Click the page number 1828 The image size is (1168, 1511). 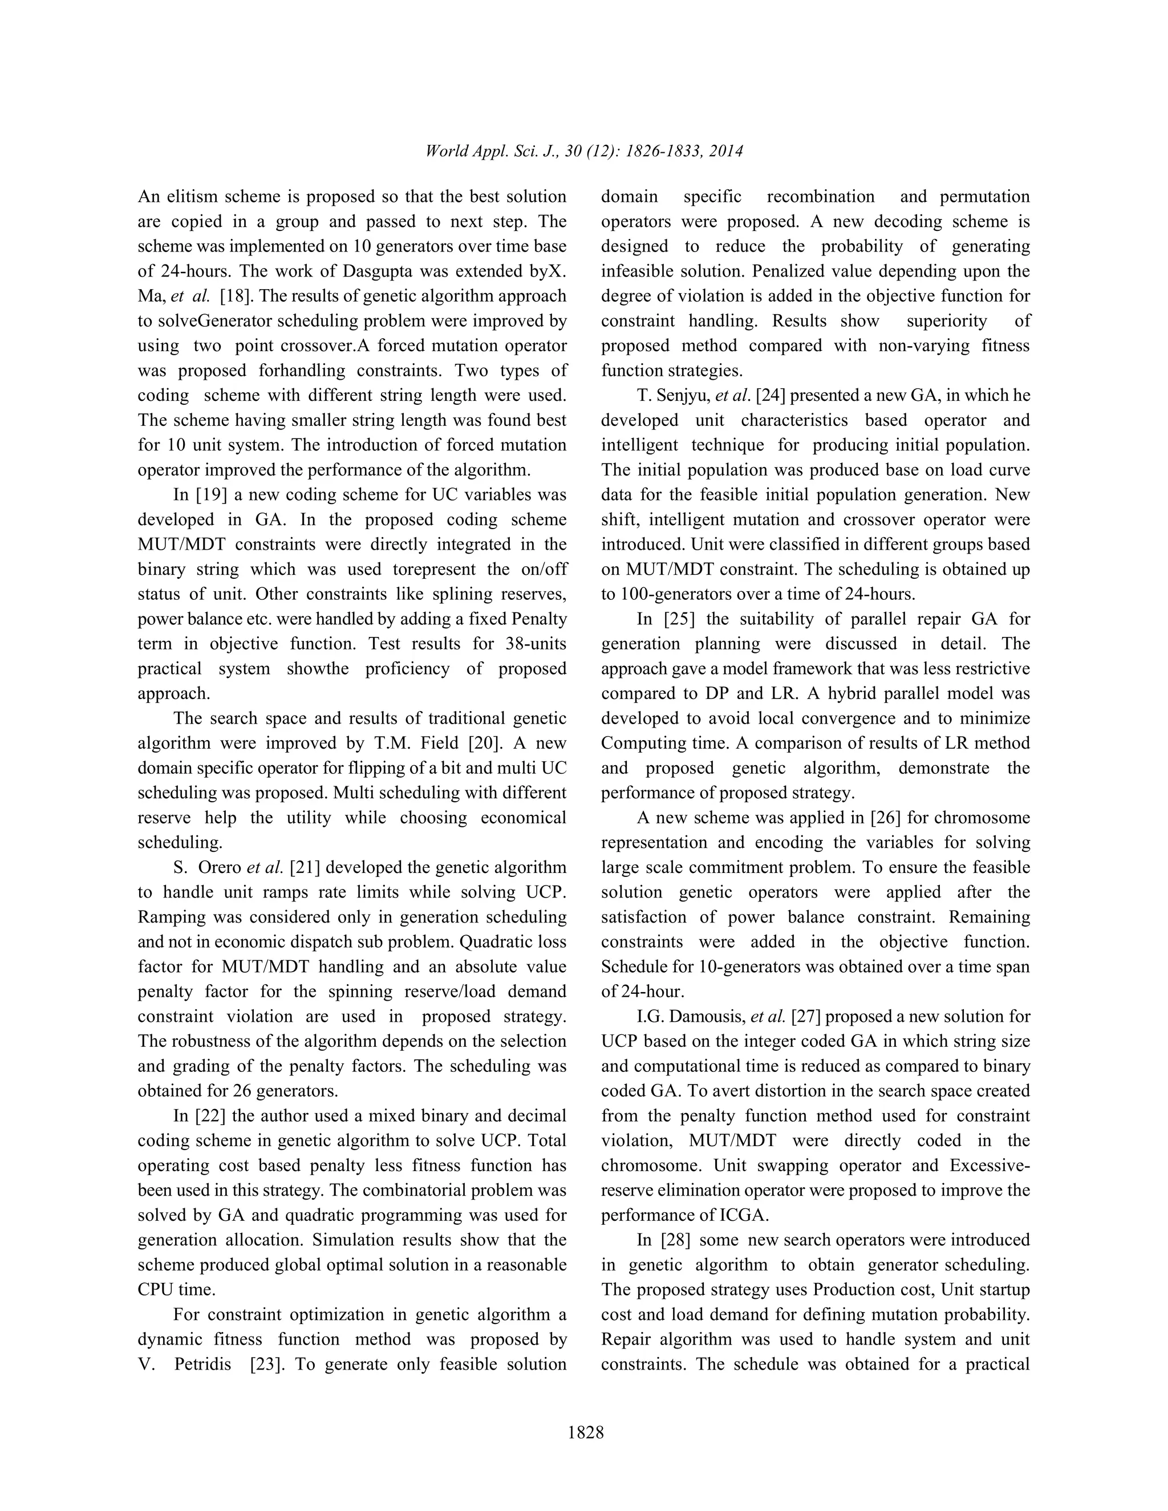click(585, 1432)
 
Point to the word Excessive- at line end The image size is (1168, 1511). click(989, 1166)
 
